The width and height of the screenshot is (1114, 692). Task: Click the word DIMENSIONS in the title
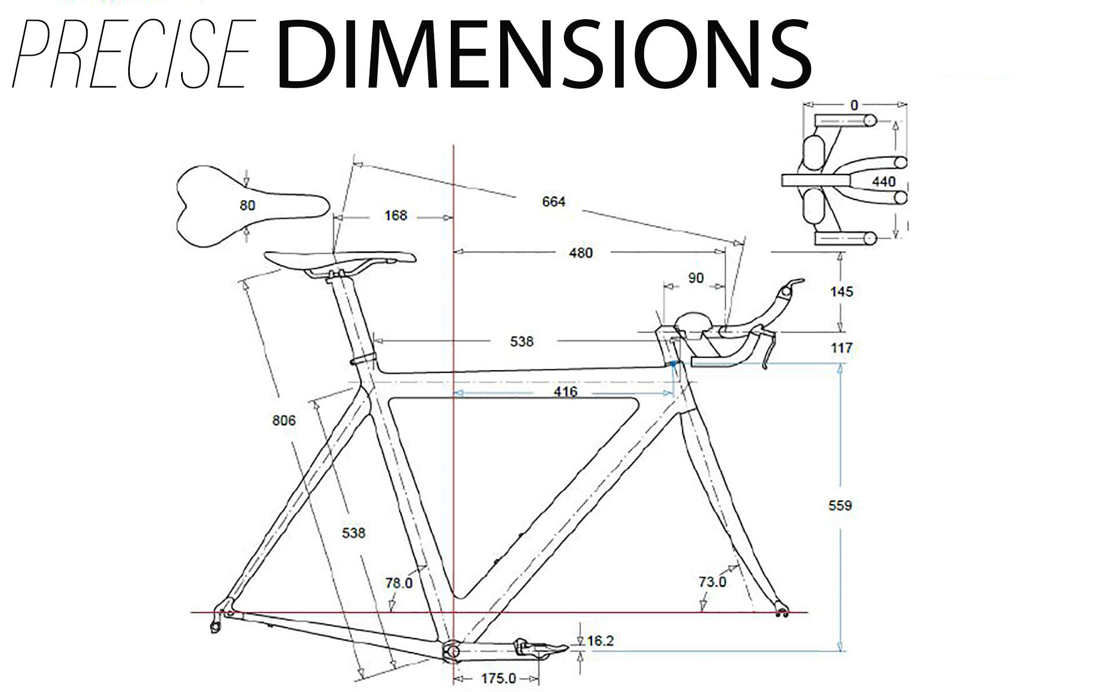point(544,54)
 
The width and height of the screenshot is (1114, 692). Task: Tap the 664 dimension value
point(554,201)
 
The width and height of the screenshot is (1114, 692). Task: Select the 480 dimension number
point(580,253)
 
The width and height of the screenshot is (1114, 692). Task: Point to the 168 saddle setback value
point(396,216)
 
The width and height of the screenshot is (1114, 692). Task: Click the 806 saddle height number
point(284,421)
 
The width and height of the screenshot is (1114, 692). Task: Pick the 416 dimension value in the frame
point(565,392)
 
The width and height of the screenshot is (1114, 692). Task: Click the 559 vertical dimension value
point(840,506)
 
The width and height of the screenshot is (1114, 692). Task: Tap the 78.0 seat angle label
point(399,582)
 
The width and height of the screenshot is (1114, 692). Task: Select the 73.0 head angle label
point(712,581)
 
